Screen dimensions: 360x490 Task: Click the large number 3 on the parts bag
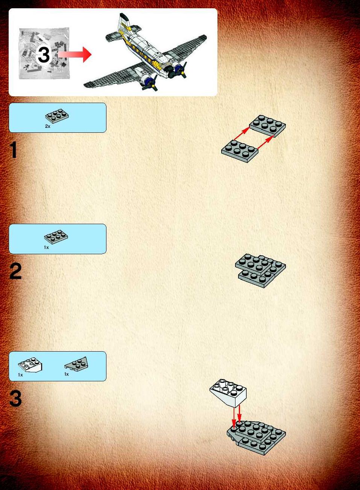tap(44, 55)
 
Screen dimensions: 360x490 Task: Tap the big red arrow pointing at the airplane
tap(75, 55)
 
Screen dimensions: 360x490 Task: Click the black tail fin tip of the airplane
tap(124, 17)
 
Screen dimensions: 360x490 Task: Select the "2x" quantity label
tap(48, 126)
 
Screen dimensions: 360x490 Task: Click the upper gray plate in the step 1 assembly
tap(267, 126)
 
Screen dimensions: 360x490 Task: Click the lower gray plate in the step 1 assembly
tap(240, 151)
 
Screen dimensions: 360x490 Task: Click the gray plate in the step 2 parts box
tap(56, 237)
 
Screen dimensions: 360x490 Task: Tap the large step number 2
tap(15, 271)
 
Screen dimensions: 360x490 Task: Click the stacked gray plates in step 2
tap(260, 270)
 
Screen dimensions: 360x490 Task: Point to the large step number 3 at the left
tap(15, 399)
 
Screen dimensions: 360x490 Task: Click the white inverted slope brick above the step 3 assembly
tap(228, 393)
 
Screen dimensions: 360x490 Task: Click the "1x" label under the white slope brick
tap(20, 375)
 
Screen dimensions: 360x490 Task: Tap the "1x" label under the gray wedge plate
tap(67, 374)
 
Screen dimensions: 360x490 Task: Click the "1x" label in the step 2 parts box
tap(46, 247)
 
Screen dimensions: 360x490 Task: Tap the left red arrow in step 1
tap(242, 133)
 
